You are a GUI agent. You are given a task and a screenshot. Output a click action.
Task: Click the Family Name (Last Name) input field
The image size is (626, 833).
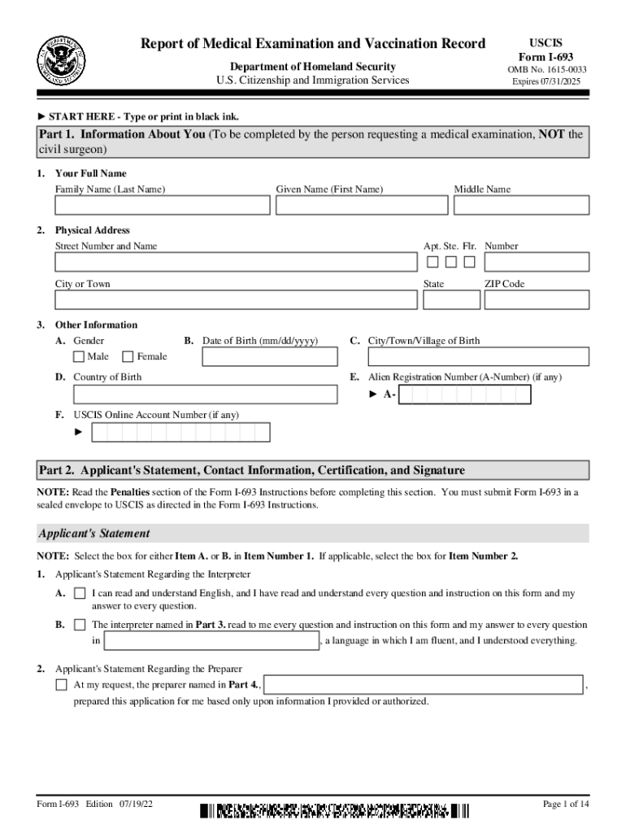[x=163, y=206]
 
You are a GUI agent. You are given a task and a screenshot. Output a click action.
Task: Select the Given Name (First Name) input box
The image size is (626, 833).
[x=361, y=206]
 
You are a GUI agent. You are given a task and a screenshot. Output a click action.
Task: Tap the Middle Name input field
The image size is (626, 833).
[x=521, y=206]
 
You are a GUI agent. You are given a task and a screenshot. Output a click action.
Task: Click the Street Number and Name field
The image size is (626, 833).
[x=235, y=262]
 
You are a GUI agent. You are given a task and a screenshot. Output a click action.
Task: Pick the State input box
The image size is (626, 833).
[x=450, y=300]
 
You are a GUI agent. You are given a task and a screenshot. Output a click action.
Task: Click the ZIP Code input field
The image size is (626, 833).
[x=537, y=300]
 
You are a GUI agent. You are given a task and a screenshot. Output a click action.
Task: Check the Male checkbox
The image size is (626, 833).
[x=78, y=356]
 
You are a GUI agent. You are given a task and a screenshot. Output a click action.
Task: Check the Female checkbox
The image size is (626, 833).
[x=128, y=356]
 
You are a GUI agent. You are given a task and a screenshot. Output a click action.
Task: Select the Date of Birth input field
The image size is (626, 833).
[x=269, y=357]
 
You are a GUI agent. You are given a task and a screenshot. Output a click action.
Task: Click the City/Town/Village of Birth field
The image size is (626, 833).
[x=479, y=357]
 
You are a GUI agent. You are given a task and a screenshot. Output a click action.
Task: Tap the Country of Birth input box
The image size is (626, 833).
[x=205, y=395]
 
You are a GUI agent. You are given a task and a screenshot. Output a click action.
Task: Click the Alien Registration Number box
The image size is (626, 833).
[x=466, y=395]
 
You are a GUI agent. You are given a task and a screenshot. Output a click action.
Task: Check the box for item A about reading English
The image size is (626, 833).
[x=80, y=594]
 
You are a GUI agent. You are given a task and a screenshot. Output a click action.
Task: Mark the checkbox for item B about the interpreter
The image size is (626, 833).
[x=80, y=625]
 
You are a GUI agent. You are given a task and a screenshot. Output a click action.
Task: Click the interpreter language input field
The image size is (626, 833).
[x=212, y=641]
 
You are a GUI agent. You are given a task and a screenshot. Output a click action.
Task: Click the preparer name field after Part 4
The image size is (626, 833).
[x=424, y=685]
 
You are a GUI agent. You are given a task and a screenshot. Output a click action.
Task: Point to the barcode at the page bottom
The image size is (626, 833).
[x=333, y=810]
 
